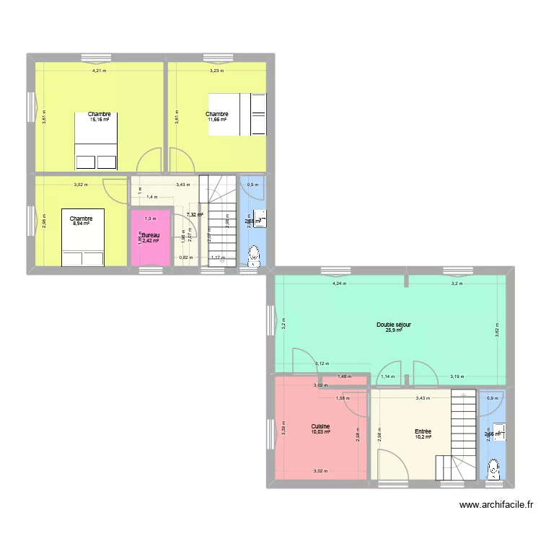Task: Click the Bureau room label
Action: click(x=150, y=235)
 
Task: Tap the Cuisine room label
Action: click(x=321, y=426)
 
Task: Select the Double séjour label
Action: click(x=394, y=325)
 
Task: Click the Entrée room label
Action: click(x=423, y=431)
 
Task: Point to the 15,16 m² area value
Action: click(x=100, y=120)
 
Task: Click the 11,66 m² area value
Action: click(x=216, y=120)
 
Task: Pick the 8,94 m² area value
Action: click(x=81, y=224)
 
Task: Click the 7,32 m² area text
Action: click(x=195, y=214)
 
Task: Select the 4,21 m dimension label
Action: click(x=99, y=71)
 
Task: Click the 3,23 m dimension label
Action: click(x=216, y=71)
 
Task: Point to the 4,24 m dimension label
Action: click(x=339, y=283)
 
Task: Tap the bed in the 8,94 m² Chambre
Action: click(x=84, y=238)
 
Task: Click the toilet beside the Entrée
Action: click(x=493, y=470)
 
